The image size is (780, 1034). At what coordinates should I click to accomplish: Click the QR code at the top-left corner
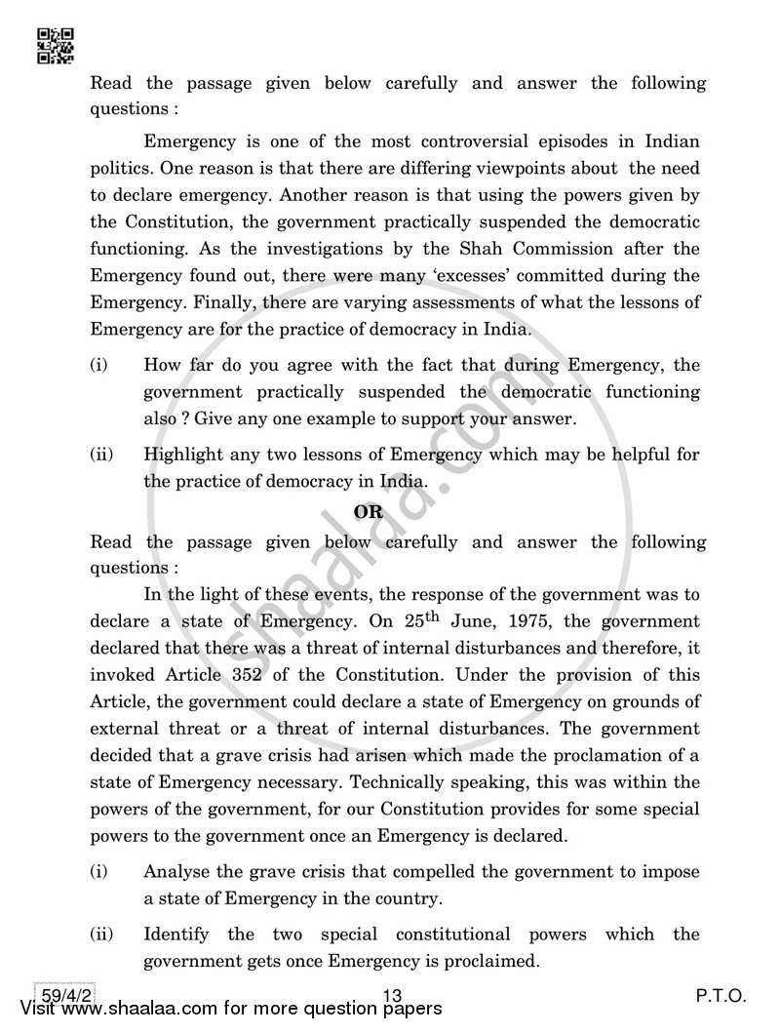pyautogui.click(x=55, y=45)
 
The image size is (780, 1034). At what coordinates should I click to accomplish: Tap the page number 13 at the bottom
pyautogui.click(x=393, y=996)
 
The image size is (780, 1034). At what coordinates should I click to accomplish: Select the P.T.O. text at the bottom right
pyautogui.click(x=721, y=996)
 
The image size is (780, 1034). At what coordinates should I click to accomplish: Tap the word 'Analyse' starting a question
pyautogui.click(x=176, y=872)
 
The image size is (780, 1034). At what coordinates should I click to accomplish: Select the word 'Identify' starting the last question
pyautogui.click(x=176, y=935)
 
